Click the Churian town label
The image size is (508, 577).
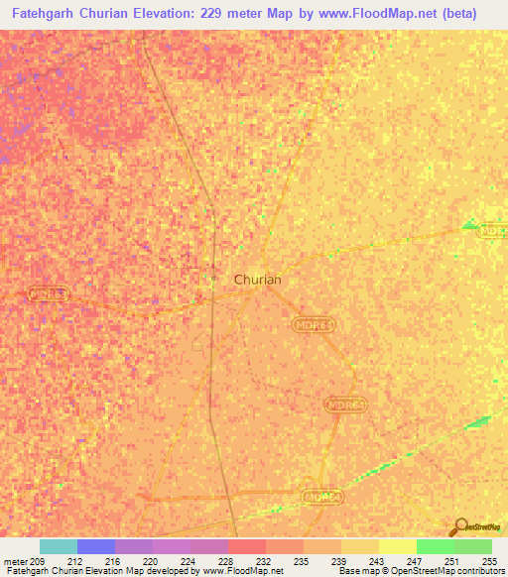257,280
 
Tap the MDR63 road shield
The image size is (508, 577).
47,293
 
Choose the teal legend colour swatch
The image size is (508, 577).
59,546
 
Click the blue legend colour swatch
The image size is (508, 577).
96,546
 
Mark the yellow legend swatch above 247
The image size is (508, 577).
397,546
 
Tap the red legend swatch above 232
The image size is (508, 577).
247,546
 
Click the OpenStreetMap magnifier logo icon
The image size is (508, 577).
459,527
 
